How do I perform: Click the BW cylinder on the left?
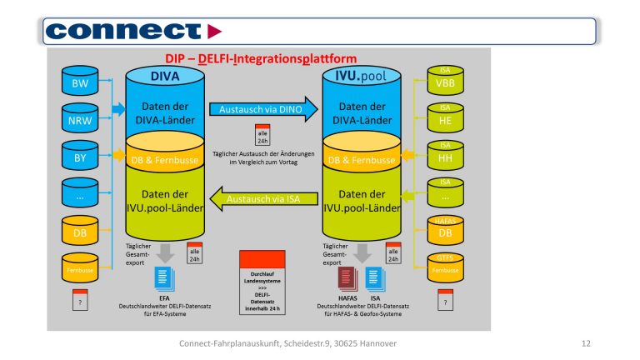[x=81, y=84]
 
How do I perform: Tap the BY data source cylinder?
[x=81, y=157]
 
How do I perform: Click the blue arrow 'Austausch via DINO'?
[x=262, y=109]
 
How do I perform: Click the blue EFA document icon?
[x=165, y=277]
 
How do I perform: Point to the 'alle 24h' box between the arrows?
[x=262, y=135]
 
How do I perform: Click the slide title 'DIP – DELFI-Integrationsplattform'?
[x=262, y=58]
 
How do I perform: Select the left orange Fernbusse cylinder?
[x=81, y=268]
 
